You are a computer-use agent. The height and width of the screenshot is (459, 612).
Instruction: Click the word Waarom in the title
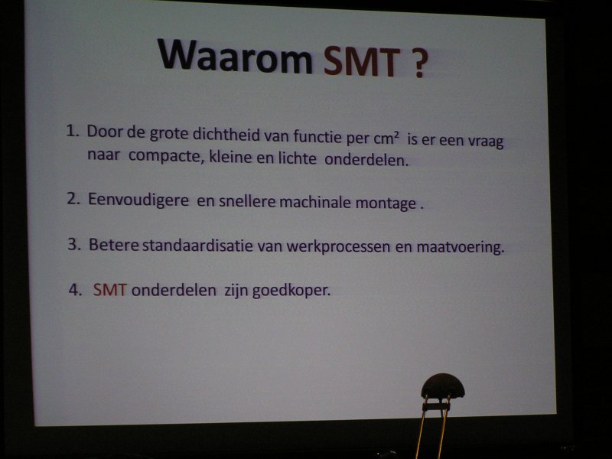236,56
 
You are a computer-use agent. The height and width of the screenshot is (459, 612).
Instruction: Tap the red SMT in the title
363,61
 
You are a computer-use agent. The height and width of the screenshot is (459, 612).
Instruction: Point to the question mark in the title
418,63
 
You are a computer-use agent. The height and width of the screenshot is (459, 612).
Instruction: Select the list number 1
73,131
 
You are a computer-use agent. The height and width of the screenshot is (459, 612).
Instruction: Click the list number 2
73,198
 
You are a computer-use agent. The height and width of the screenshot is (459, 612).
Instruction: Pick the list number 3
74,244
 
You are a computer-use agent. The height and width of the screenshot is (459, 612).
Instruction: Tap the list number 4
75,290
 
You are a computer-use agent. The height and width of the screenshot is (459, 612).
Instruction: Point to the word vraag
486,142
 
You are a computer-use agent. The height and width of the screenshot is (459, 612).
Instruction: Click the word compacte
164,156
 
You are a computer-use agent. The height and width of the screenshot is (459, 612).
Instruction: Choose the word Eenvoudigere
138,200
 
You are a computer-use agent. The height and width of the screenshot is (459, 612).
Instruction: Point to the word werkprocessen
338,247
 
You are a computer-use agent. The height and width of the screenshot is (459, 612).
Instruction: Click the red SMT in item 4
109,290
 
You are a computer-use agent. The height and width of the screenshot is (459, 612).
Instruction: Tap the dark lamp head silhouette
443,386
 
